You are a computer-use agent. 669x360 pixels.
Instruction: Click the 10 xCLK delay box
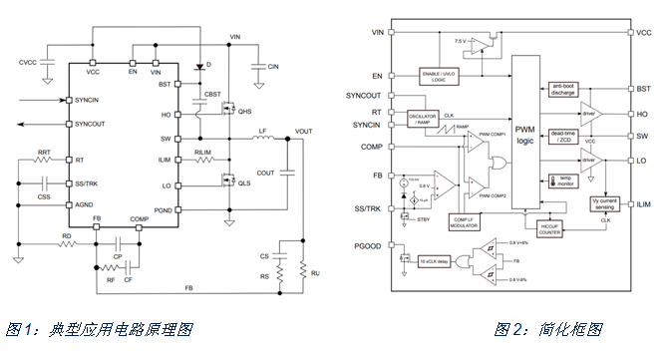point(436,260)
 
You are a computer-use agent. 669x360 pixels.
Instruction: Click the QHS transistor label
point(244,112)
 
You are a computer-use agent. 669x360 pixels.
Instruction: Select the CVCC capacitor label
point(27,62)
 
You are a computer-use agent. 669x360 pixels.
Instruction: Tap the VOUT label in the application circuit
point(303,131)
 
